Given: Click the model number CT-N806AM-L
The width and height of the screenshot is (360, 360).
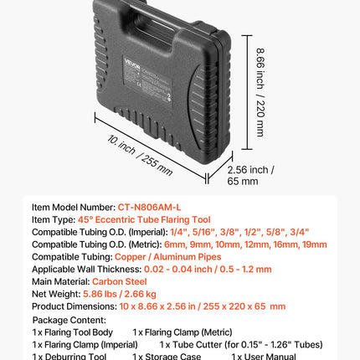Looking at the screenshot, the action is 149,208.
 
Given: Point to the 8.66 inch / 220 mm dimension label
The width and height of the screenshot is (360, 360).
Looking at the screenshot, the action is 260,92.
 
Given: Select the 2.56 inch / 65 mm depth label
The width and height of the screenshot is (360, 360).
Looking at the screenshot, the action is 250,176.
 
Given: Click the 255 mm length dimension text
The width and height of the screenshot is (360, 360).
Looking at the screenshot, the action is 157,165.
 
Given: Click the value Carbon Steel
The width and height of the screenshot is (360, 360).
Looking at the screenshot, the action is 120,281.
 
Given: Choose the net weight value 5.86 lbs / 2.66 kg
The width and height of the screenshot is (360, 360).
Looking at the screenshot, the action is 120,294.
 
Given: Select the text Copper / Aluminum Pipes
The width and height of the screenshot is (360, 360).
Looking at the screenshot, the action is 168,257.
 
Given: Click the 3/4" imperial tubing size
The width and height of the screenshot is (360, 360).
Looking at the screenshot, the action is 300,232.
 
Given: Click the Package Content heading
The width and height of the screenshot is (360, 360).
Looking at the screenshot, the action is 69,320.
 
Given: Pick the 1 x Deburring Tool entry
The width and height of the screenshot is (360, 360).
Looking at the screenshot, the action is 69,357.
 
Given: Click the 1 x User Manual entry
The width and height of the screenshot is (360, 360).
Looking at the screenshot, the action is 264,357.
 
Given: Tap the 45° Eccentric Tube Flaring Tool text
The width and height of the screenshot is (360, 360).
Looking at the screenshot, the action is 144,219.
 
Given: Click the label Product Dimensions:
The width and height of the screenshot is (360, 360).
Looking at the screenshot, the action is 75,306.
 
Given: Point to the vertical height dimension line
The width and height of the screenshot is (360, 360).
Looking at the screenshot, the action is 247,92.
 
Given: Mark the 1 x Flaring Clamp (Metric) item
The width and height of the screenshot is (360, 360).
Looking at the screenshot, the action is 183,332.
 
